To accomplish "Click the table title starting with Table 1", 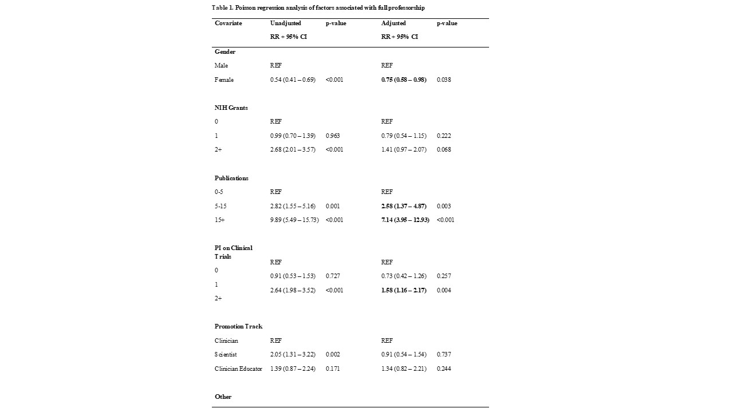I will tap(318, 7).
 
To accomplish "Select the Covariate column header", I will tap(228, 23).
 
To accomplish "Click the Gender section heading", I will tap(225, 51).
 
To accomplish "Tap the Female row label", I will tap(224, 80).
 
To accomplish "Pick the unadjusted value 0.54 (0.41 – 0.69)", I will tap(293, 80).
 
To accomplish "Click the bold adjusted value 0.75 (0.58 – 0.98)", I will tap(404, 80).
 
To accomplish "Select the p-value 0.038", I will tap(444, 80).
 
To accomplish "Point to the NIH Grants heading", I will tap(231, 108).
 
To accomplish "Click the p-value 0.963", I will tap(333, 136).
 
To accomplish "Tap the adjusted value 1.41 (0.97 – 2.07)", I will tap(404, 149).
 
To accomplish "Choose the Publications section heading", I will tap(231, 178).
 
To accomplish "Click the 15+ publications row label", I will tap(220, 220).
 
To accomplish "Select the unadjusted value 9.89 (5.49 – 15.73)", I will tap(294, 220).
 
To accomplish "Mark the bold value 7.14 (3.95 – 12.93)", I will tap(405, 220).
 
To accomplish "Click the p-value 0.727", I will tap(333, 276).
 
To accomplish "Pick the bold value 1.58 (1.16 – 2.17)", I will tap(404, 290).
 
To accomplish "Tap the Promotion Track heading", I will tap(238, 326).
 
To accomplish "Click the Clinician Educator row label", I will tap(238, 369).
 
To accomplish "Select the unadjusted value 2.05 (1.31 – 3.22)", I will tap(293, 354).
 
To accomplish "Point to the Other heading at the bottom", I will tap(223, 397).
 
